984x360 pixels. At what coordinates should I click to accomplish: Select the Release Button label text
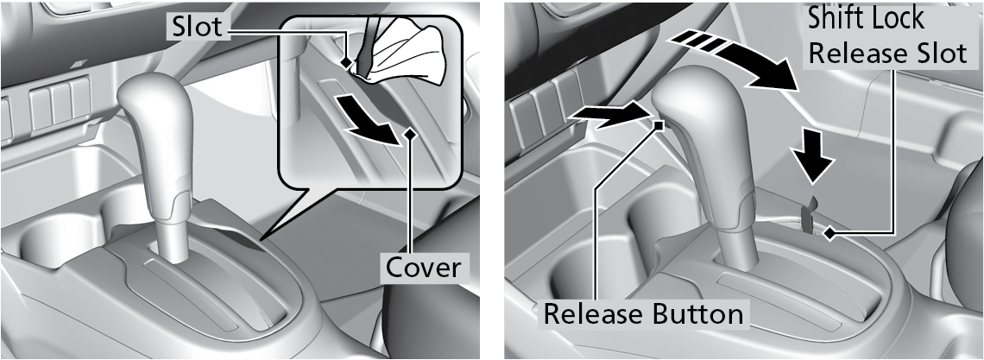click(643, 313)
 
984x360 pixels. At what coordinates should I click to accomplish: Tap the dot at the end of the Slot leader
click(346, 63)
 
